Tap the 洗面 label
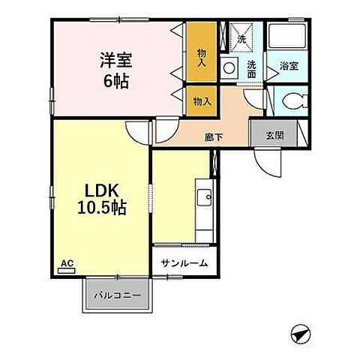pos(252,70)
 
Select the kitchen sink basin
pos(203,198)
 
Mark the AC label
pos(66,262)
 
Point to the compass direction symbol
pos(298,332)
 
